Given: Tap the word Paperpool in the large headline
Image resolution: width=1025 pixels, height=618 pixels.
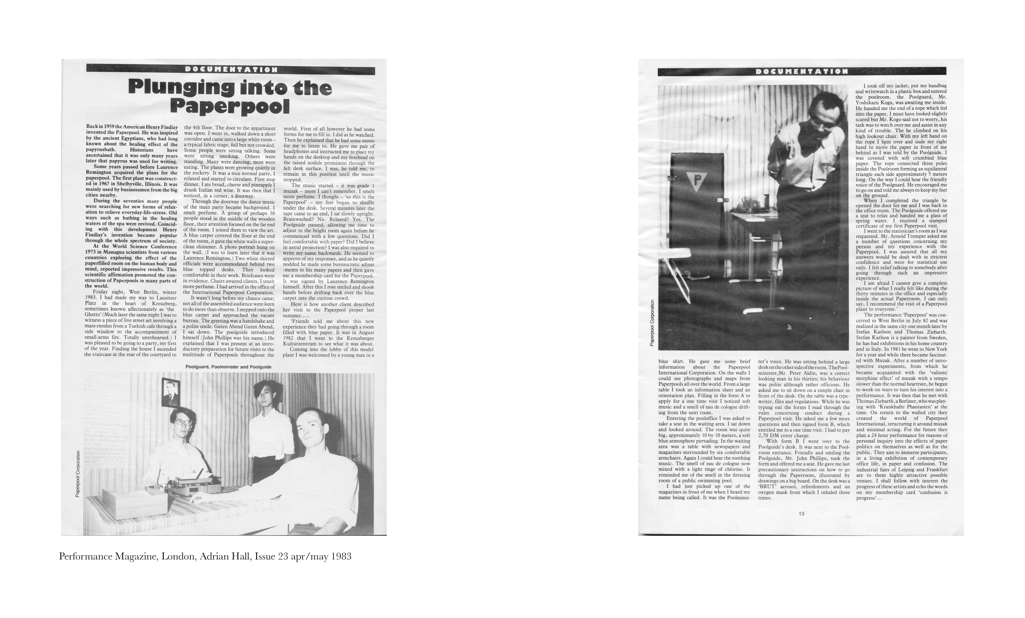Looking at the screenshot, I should click(230, 107).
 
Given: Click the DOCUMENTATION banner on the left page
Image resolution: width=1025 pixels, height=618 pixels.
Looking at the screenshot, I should click(231, 70).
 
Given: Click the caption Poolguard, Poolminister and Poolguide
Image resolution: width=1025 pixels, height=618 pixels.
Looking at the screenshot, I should click(228, 367).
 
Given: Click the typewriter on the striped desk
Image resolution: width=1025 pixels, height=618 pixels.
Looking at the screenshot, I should click(192, 483).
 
